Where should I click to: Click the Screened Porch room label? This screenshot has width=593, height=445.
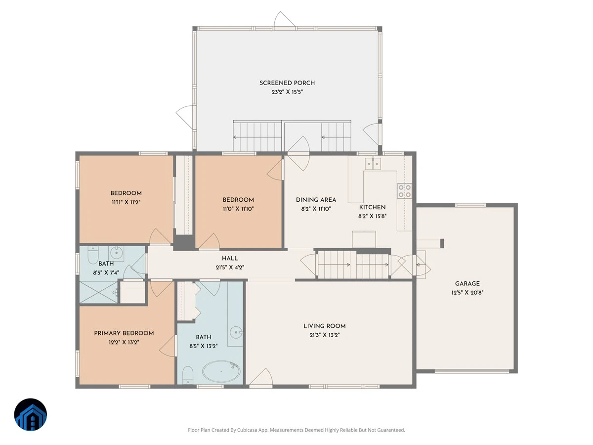pyautogui.click(x=287, y=83)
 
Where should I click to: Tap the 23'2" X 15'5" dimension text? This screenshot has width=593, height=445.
pyautogui.click(x=287, y=92)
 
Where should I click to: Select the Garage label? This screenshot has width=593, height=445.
pyautogui.click(x=467, y=284)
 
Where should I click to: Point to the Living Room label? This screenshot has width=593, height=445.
pyautogui.click(x=325, y=326)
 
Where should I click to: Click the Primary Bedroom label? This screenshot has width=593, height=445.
pyautogui.click(x=124, y=333)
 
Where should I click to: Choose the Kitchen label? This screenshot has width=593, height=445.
pyautogui.click(x=372, y=207)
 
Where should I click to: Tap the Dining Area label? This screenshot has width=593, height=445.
pyautogui.click(x=316, y=200)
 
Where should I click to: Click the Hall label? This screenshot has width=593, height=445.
pyautogui.click(x=230, y=258)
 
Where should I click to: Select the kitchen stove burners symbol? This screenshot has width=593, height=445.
pyautogui.click(x=404, y=191)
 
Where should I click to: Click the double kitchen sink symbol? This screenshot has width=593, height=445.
pyautogui.click(x=373, y=164)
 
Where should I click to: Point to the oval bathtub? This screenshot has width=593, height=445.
pyautogui.click(x=221, y=371)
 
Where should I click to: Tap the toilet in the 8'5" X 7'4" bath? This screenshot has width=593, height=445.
pyautogui.click(x=93, y=255)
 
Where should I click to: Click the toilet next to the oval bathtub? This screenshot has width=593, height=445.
pyautogui.click(x=188, y=375)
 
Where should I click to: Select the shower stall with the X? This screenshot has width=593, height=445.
pyautogui.click(x=99, y=292)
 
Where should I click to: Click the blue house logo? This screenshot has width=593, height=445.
pyautogui.click(x=31, y=414)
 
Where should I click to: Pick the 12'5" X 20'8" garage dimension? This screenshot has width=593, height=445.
pyautogui.click(x=467, y=293)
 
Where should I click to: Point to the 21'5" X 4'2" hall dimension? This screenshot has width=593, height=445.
pyautogui.click(x=230, y=267)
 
